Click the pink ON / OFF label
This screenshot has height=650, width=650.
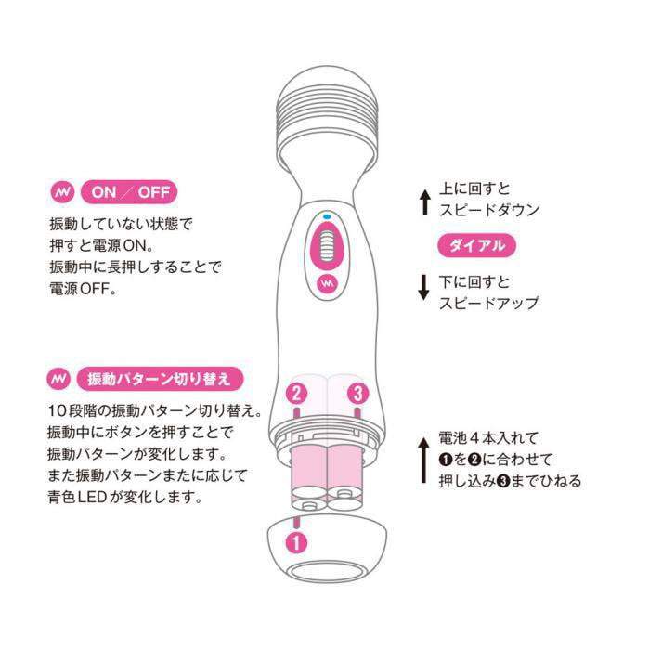129,192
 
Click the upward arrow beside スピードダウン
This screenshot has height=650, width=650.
423,201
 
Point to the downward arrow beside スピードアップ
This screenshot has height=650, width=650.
423,289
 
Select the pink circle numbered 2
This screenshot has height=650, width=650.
296,392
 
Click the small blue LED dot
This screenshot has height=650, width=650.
326,218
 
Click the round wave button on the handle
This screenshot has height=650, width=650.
326,281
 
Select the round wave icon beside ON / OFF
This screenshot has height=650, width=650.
61,192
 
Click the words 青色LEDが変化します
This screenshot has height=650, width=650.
125,497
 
